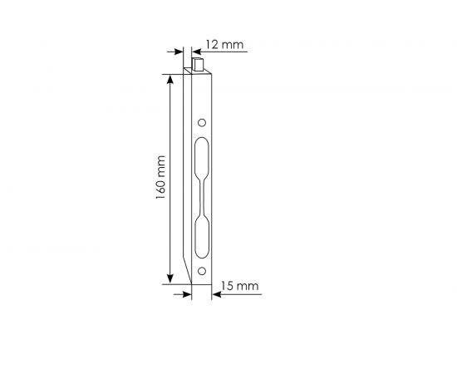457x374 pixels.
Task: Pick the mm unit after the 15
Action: coord(248,287)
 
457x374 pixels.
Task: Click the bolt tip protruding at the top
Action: coord(199,62)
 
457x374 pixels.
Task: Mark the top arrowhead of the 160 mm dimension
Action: coord(171,80)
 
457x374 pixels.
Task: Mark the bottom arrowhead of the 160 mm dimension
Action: coord(171,278)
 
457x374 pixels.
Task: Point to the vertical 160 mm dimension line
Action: coord(171,179)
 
